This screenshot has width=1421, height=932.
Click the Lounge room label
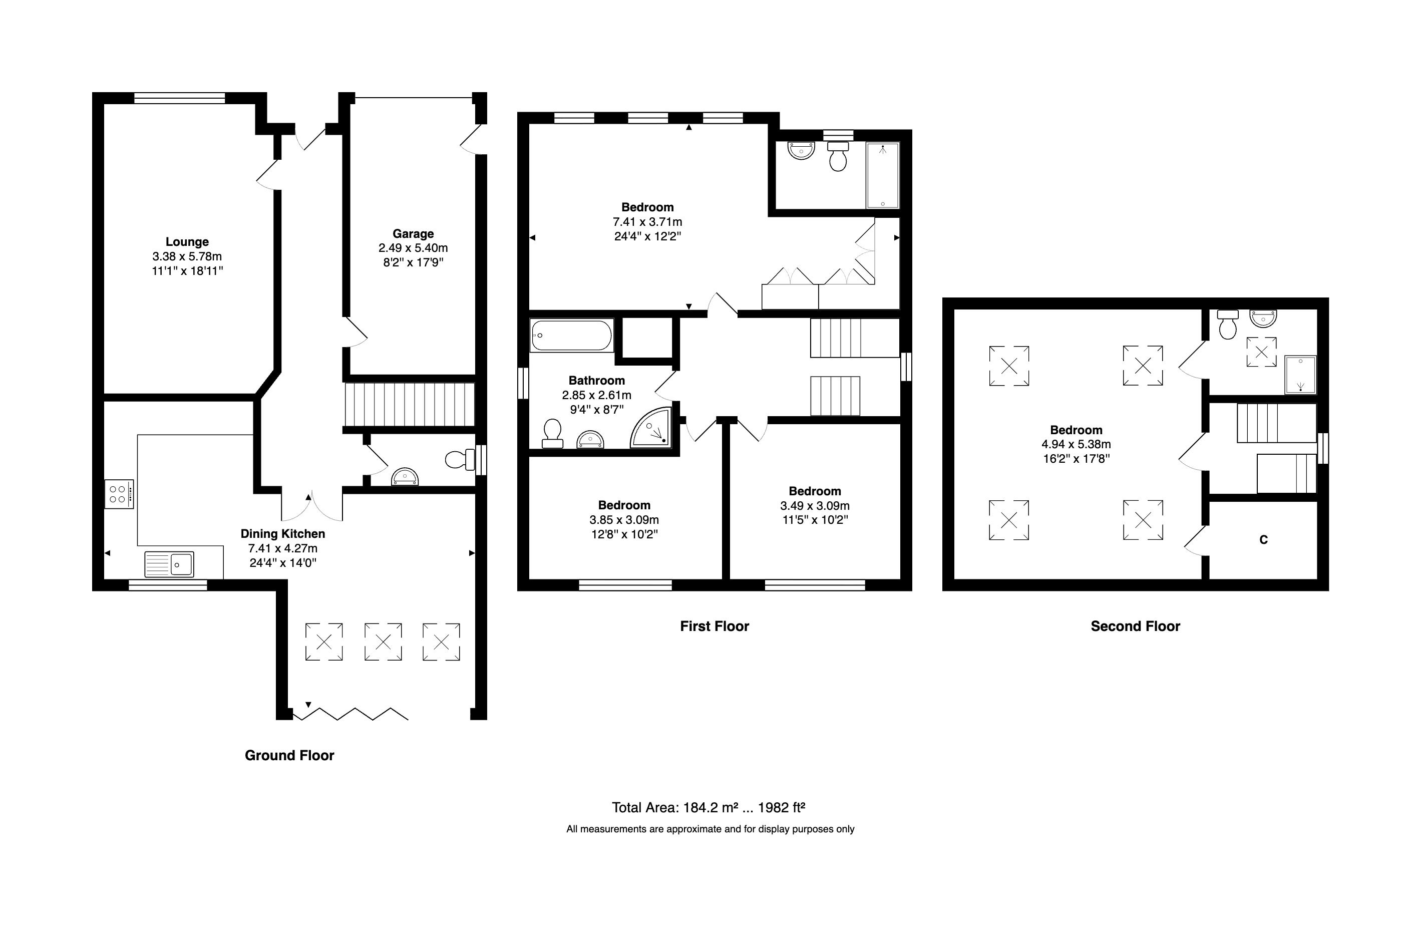[187, 242]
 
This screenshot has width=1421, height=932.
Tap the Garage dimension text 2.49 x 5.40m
[413, 248]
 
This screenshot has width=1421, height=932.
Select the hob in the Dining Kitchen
[118, 494]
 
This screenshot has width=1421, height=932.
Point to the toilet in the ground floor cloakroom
[459, 460]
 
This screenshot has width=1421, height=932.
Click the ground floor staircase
[409, 404]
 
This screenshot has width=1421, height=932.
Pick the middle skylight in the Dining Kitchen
[383, 642]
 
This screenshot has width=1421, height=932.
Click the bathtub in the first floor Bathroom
[571, 336]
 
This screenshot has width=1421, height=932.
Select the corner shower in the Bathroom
[652, 429]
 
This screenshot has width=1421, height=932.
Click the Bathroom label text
[596, 380]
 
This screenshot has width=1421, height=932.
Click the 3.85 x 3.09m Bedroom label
[624, 505]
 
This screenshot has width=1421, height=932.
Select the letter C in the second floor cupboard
[1263, 540]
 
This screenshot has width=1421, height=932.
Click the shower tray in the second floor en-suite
[1300, 375]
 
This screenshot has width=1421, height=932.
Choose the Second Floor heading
[1135, 627]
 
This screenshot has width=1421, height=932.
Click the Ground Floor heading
[289, 755]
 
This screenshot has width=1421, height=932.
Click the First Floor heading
[714, 627]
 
